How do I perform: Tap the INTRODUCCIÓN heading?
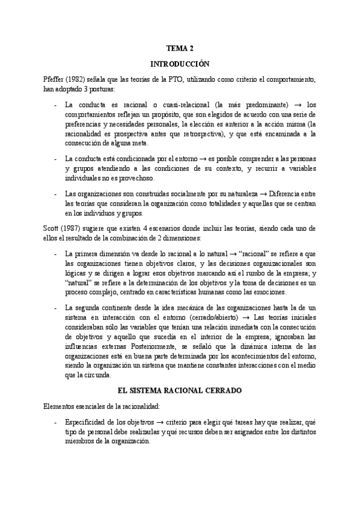tap(180, 63)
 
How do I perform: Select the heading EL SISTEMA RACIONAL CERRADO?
tap(180, 373)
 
